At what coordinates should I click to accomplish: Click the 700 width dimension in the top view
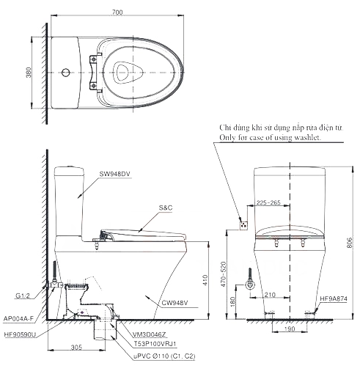pyautogui.click(x=117, y=12)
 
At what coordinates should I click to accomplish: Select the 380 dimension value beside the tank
pyautogui.click(x=29, y=73)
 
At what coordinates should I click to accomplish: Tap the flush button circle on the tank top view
pyautogui.click(x=66, y=73)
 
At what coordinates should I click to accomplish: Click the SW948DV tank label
pyautogui.click(x=114, y=174)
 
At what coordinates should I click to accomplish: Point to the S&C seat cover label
pyautogui.click(x=166, y=208)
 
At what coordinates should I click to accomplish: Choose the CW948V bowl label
pyautogui.click(x=175, y=303)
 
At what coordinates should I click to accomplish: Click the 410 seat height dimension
pyautogui.click(x=205, y=280)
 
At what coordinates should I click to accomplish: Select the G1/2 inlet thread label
pyautogui.click(x=23, y=296)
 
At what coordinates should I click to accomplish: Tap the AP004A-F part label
pyautogui.click(x=18, y=318)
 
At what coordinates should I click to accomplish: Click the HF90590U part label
pyautogui.click(x=20, y=334)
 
